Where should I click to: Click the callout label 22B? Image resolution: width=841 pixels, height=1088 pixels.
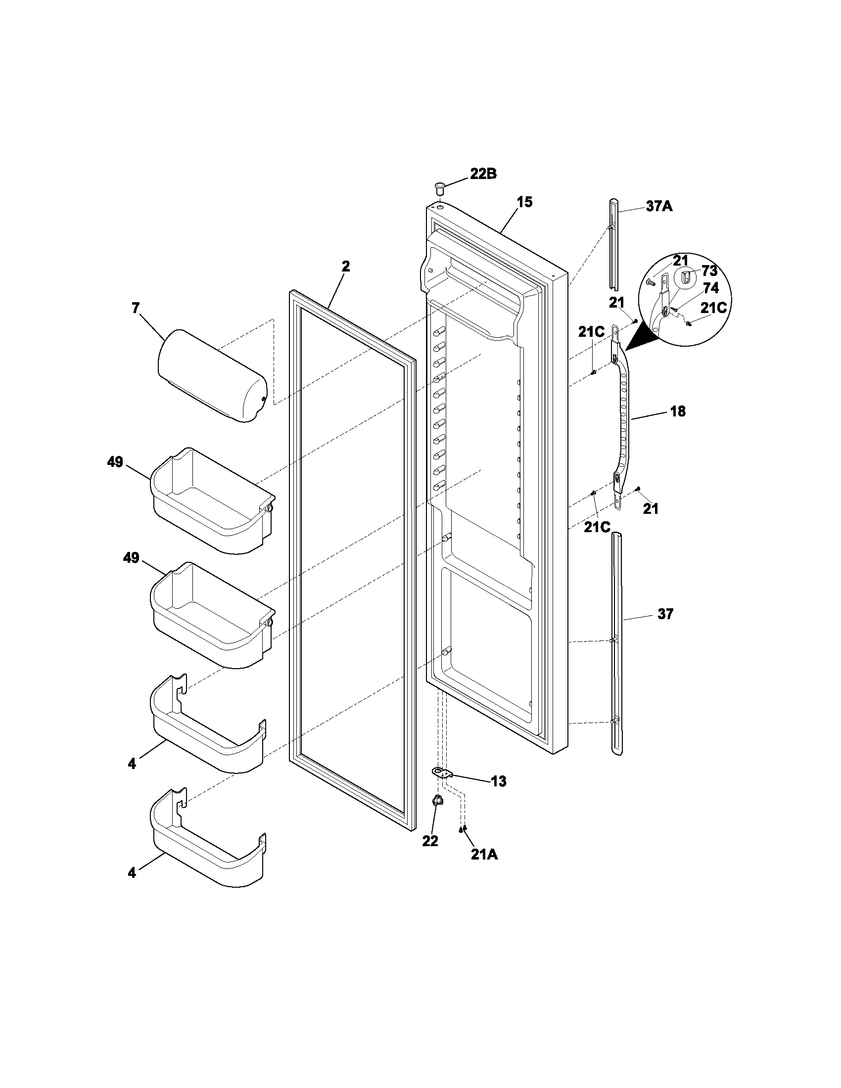click(483, 175)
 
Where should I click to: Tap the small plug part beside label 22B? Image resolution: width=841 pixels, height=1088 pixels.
click(439, 189)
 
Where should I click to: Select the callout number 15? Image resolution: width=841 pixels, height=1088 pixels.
click(524, 202)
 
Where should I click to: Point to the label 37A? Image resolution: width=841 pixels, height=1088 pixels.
click(659, 206)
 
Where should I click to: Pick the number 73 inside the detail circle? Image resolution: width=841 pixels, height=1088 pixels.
click(709, 271)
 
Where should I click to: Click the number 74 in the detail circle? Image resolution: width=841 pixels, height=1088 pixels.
click(710, 288)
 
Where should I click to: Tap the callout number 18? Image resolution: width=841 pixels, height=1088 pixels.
click(677, 411)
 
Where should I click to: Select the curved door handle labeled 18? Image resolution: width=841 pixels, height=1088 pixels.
click(622, 418)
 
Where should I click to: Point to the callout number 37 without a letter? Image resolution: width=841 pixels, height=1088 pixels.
click(665, 614)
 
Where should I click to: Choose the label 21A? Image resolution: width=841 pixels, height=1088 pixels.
click(484, 855)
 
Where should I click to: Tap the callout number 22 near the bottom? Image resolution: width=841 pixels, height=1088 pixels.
click(430, 841)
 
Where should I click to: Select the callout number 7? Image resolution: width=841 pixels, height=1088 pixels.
click(136, 308)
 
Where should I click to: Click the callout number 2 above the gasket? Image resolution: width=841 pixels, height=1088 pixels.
click(346, 266)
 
